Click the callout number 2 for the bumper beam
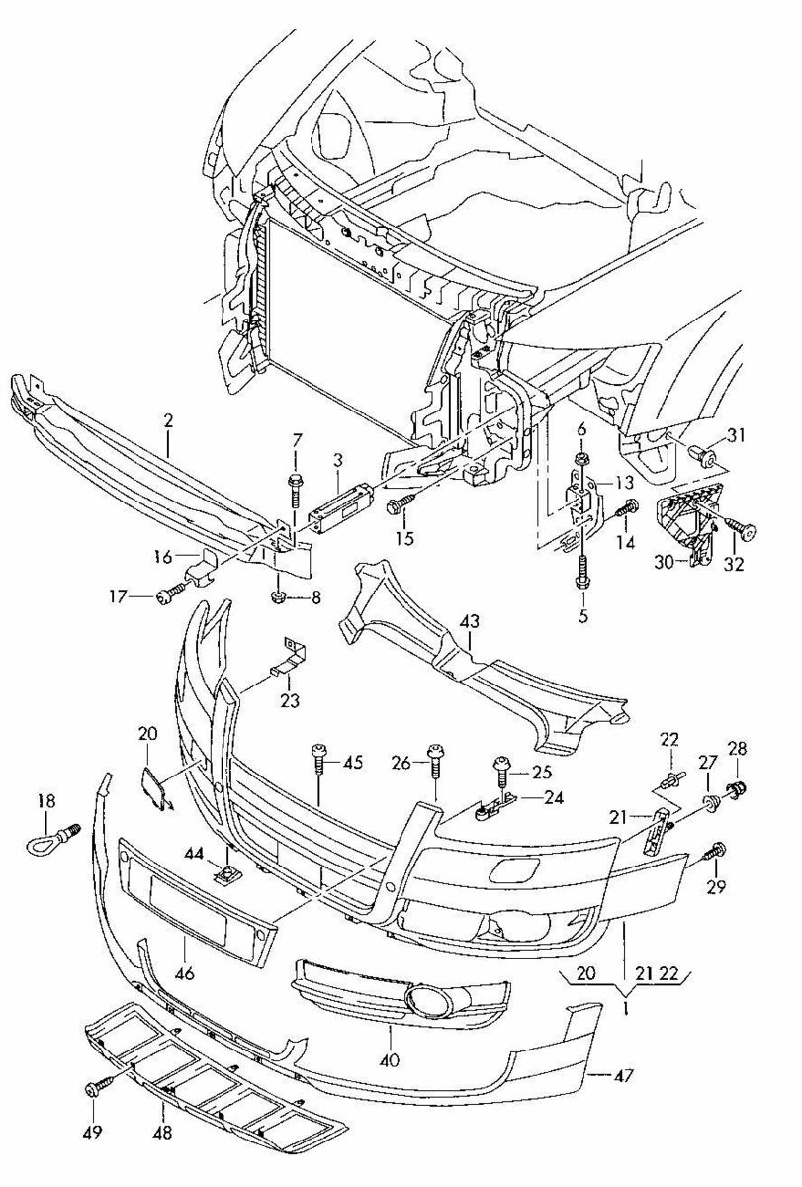click(x=168, y=420)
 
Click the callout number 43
click(x=470, y=620)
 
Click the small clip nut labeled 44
click(x=226, y=872)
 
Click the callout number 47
click(x=624, y=1074)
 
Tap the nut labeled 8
click(x=278, y=597)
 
